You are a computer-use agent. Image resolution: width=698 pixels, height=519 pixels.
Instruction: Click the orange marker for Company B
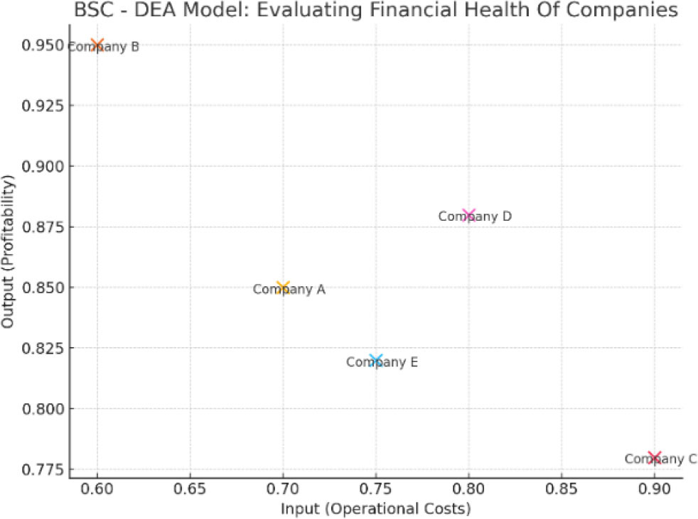[97, 45]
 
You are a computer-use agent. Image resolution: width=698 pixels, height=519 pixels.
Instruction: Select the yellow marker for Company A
[283, 288]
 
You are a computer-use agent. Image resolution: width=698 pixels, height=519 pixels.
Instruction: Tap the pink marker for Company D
[468, 215]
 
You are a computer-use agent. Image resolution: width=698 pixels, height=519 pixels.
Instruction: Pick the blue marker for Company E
[376, 361]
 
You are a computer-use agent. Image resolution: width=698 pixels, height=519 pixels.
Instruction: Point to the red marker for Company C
[654, 457]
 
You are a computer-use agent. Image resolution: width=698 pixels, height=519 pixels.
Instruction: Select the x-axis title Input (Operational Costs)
[375, 508]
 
